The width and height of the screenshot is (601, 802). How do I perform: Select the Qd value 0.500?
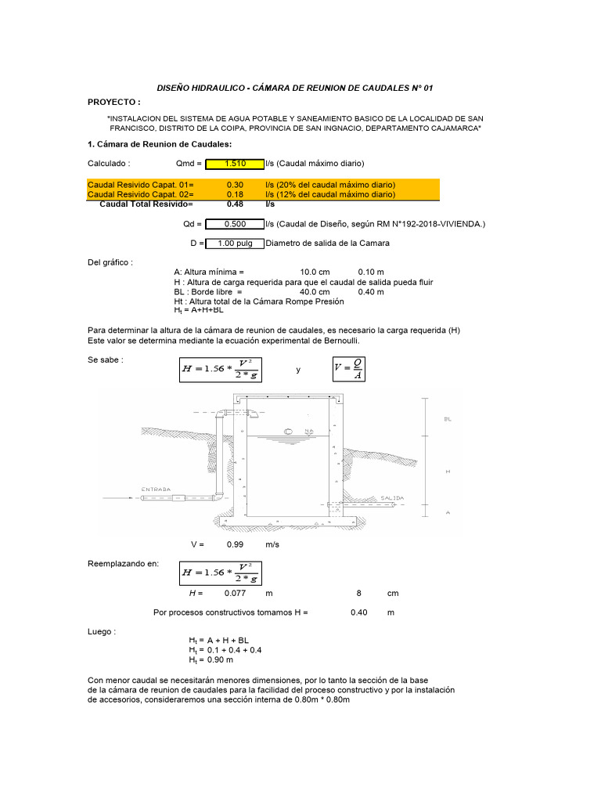click(x=235, y=224)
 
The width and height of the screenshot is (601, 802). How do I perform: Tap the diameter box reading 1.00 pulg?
click(x=235, y=244)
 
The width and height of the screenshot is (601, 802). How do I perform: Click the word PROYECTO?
click(x=113, y=103)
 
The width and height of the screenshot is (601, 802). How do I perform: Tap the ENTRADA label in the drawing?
click(x=156, y=490)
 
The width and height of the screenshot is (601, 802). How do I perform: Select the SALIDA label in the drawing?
click(x=392, y=497)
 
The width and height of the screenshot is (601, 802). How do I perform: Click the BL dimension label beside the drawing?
click(x=448, y=420)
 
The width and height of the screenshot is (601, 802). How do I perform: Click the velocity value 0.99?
click(x=235, y=544)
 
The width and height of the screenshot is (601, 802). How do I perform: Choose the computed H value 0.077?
click(x=235, y=593)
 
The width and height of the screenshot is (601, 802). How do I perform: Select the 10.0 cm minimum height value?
click(x=315, y=273)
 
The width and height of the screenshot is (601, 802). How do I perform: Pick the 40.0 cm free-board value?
click(x=315, y=291)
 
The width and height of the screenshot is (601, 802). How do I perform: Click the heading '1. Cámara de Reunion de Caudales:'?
click(x=159, y=144)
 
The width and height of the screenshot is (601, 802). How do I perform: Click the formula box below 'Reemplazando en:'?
click(x=220, y=573)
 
